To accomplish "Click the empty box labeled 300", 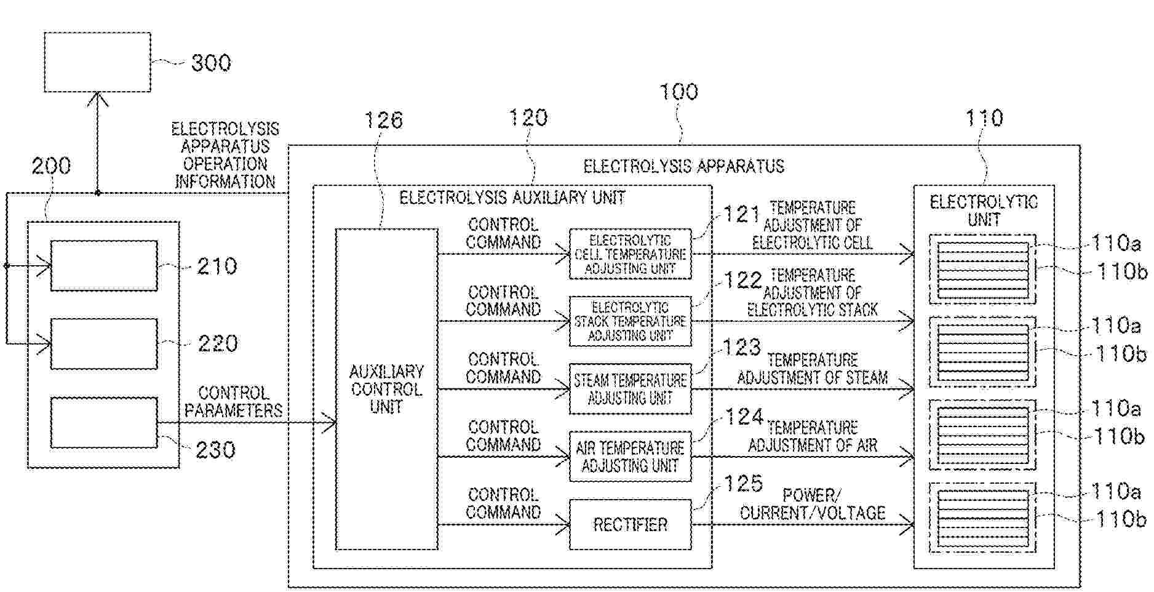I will click(x=97, y=62).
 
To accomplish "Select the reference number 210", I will click(x=217, y=266).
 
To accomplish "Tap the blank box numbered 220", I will click(x=103, y=343).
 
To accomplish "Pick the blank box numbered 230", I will click(x=103, y=422).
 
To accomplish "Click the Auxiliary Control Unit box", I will click(x=386, y=389).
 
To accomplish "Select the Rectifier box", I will click(x=630, y=524).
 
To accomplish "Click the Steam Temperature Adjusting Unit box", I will click(x=630, y=389).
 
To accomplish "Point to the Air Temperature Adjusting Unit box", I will click(x=630, y=457).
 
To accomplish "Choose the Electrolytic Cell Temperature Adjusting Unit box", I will click(x=630, y=254).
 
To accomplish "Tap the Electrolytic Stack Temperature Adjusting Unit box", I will click(x=630, y=321).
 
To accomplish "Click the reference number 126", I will click(x=383, y=120).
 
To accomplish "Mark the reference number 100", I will click(x=678, y=92).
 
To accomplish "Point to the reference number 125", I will click(x=743, y=484).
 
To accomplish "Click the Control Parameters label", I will click(x=234, y=402).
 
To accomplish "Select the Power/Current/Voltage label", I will click(x=812, y=504).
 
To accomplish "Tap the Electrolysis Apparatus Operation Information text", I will click(x=225, y=155).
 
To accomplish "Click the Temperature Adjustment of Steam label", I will click(x=812, y=369).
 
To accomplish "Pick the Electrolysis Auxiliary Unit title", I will click(x=512, y=198).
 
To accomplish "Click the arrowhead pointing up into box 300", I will click(x=97, y=98).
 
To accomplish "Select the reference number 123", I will click(x=742, y=348).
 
